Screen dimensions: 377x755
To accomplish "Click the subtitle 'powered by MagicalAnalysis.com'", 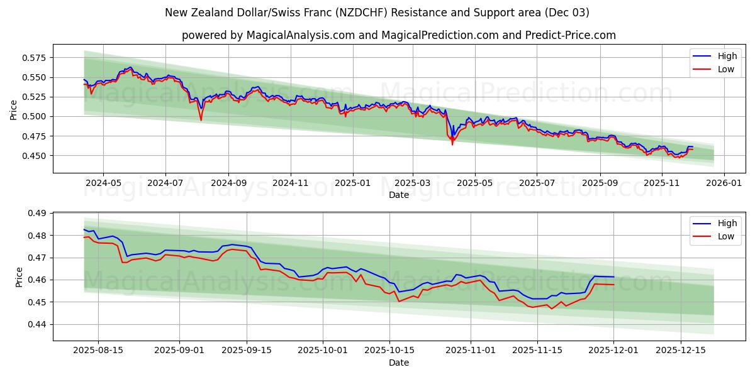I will tap(399, 35).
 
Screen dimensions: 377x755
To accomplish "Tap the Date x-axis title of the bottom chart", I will tap(399, 363).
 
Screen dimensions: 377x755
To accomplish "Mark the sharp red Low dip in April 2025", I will tap(452, 145).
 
